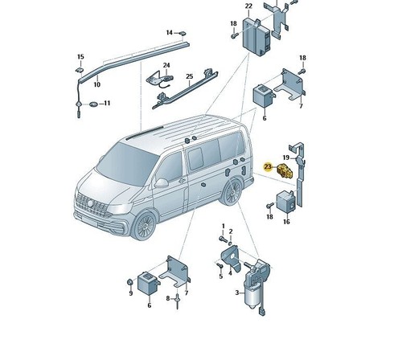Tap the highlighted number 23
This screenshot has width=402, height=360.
pos(268,167)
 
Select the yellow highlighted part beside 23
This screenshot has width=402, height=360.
pos(285,171)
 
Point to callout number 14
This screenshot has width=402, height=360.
pos(170,33)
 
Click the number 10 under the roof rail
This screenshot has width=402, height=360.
pos(96,84)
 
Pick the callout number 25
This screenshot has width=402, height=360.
pos(190,76)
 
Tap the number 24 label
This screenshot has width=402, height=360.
pos(166,65)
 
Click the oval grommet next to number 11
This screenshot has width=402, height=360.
pos(93,104)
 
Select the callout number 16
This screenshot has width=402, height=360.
pos(286,222)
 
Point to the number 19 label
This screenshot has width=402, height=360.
pos(286,157)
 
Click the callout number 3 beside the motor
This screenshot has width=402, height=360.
pos(237,292)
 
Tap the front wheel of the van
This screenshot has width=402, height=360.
pos(145,225)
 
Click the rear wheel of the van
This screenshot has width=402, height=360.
pos(232,192)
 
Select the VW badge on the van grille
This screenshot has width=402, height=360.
pos(91,203)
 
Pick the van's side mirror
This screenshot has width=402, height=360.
pos(161,183)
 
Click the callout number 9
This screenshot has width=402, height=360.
pos(131,293)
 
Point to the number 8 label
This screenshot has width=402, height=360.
pos(168,298)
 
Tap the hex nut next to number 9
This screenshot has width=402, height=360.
pos(129,282)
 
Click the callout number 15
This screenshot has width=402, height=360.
pos(80,57)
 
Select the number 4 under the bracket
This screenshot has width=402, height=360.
pos(230,273)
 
